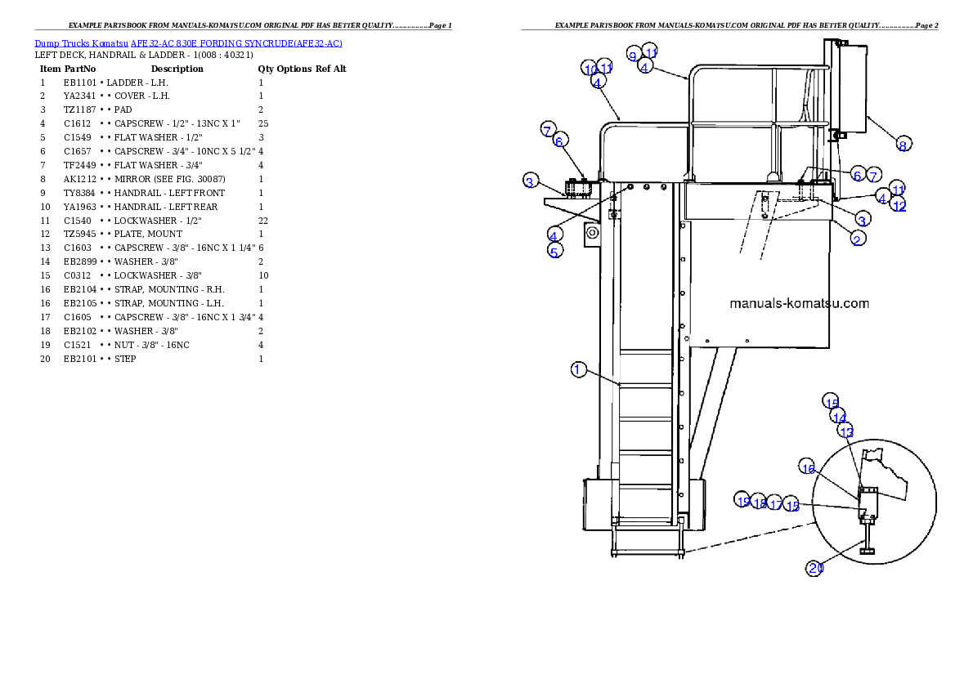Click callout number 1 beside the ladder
tap(578, 370)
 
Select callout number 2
tap(858, 238)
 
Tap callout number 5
tap(554, 252)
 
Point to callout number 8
tap(903, 145)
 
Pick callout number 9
tap(633, 55)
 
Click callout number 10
tap(590, 68)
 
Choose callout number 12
tap(899, 206)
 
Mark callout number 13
tap(846, 431)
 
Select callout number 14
tap(839, 417)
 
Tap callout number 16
tap(808, 468)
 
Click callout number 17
tap(776, 505)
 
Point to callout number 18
tap(760, 503)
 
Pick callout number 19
tap(742, 500)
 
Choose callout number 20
tap(815, 569)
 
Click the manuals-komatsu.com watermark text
tap(799, 303)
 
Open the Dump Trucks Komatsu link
tap(188, 43)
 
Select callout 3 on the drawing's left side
tap(530, 181)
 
